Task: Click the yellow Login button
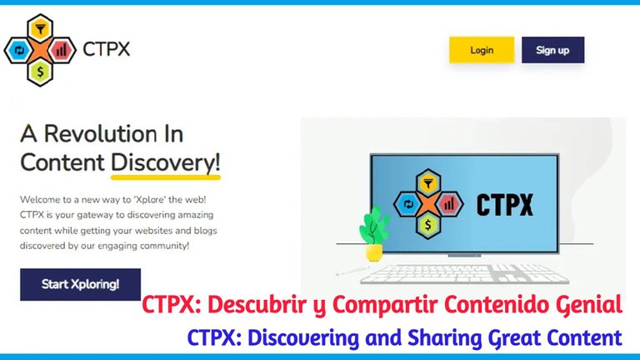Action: coord(482,50)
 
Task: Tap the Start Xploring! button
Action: coord(80,284)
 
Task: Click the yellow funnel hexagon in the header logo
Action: coord(40,27)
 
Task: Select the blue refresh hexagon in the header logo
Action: coord(19,50)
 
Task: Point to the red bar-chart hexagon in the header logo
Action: coord(62,50)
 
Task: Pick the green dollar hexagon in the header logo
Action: coord(40,72)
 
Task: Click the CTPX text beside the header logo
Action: coord(106,49)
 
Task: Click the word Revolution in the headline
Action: coord(101,133)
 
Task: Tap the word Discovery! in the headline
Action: coord(166,162)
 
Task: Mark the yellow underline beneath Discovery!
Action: coord(166,177)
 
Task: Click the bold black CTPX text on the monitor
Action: coord(505,204)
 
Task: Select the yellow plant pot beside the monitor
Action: coord(374,252)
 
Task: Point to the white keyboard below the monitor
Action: coord(464,274)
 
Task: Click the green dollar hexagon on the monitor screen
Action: coord(427,224)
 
